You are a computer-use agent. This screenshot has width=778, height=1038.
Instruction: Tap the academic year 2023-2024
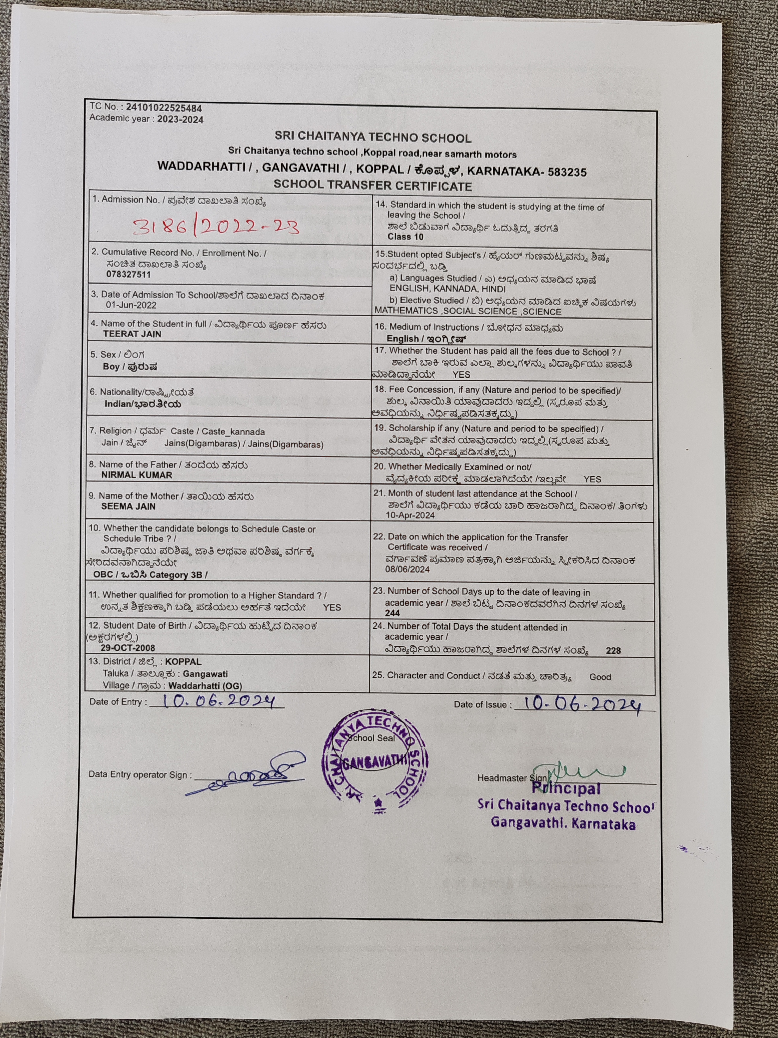(x=180, y=119)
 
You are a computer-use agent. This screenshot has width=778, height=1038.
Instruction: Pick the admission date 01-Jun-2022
(x=131, y=305)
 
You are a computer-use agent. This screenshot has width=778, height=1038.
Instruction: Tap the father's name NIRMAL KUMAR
(x=137, y=475)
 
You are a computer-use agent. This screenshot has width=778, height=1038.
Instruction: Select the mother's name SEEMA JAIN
(x=128, y=506)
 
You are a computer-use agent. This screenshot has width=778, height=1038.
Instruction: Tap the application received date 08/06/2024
(x=408, y=569)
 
